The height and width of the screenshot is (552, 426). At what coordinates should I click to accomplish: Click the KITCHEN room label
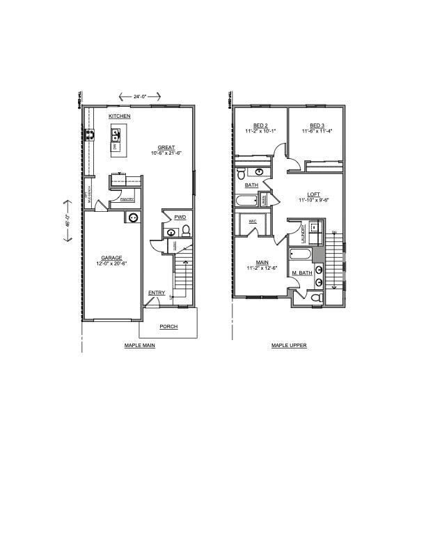[119, 116]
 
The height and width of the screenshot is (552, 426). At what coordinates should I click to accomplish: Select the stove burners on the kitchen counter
[90, 135]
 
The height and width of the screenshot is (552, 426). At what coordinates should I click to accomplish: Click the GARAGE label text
[111, 257]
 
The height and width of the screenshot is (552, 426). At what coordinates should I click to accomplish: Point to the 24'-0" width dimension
[140, 97]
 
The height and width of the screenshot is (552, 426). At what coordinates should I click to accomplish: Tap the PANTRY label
[127, 199]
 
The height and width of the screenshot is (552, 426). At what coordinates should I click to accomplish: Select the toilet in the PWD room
[186, 233]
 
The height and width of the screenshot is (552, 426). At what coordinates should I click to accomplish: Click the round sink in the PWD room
[171, 233]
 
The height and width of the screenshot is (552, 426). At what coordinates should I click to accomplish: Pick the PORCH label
[168, 326]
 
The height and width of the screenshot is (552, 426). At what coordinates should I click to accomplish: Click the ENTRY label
[156, 293]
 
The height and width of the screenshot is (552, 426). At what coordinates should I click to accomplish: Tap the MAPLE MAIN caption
[139, 345]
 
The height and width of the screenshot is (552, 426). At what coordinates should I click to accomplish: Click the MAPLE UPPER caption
[289, 345]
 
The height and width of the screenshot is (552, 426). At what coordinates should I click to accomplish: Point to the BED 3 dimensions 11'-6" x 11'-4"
[317, 130]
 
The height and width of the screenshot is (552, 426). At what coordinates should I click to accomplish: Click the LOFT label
[314, 195]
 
